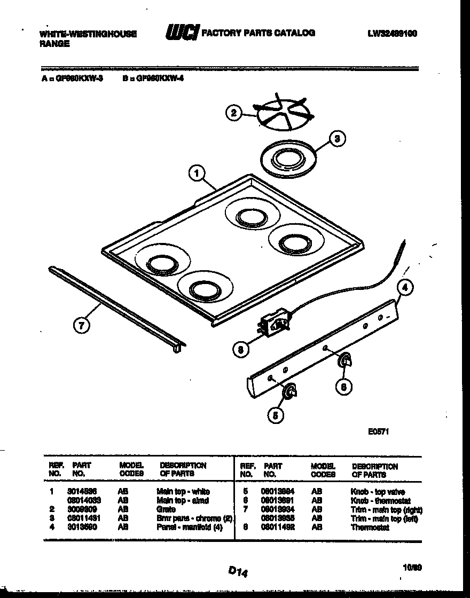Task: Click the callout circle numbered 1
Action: tap(197, 173)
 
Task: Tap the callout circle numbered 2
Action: tap(233, 113)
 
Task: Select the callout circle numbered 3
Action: tap(336, 139)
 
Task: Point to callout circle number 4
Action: tap(405, 288)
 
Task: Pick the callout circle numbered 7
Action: tap(81, 325)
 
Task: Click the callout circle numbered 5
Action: tap(275, 415)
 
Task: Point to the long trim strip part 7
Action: tap(115, 306)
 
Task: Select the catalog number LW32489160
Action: tap(392, 33)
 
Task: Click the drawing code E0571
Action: tap(378, 432)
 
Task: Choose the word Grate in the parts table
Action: tap(167, 509)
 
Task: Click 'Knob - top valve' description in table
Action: tap(378, 492)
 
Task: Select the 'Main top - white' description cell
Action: tap(183, 491)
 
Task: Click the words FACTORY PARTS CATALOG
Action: tap(258, 33)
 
